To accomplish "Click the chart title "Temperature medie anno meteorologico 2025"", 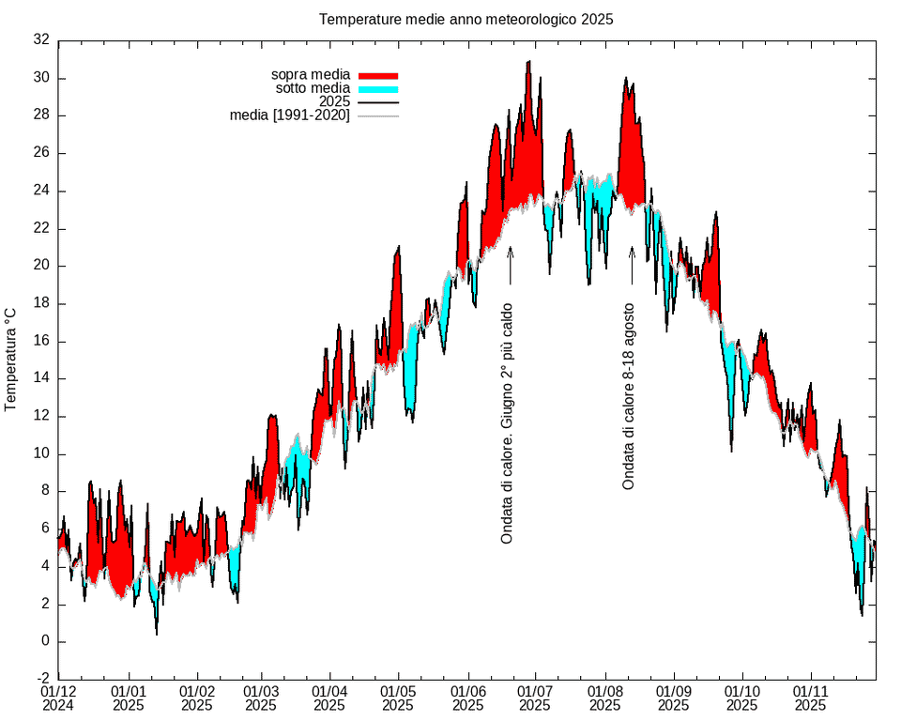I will [466, 19].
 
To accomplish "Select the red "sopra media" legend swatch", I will [378, 74].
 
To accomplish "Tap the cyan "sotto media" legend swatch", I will [378, 88].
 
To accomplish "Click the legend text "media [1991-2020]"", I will [289, 115].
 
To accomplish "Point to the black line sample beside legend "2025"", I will [378, 101].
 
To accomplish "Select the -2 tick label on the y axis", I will [41, 679].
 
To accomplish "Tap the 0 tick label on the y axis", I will [45, 641].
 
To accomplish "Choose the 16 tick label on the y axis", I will [41, 341].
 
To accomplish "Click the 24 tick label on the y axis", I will [41, 191].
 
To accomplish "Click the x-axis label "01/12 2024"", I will [58, 697].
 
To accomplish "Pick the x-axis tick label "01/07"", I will [535, 690].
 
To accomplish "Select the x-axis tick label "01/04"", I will [329, 690].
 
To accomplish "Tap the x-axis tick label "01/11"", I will [810, 690].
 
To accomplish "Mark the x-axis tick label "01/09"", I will [673, 690].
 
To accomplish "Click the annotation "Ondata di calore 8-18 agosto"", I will [630, 395].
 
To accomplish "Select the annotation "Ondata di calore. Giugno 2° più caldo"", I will [507, 422].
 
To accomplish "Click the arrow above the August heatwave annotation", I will [632, 265].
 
